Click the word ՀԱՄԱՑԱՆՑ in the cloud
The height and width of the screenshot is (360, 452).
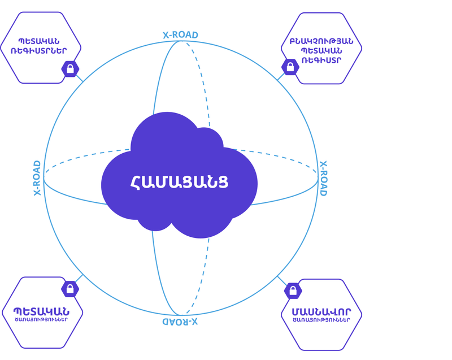pos(180,183)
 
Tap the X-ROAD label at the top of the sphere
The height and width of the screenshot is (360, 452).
pos(180,35)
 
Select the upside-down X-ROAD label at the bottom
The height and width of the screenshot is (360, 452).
pos(180,322)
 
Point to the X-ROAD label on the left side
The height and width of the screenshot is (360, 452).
pos(37,178)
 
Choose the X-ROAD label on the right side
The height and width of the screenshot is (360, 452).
pos(323,179)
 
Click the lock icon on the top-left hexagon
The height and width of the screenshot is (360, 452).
pos(70,69)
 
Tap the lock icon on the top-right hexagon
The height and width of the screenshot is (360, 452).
pos(290,67)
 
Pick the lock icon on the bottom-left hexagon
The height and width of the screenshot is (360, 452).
pos(70,289)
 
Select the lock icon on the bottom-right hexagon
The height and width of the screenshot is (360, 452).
pos(293,291)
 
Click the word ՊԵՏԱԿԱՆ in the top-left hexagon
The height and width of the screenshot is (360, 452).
pos(41,41)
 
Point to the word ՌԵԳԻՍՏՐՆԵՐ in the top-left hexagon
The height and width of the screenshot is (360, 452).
pos(41,51)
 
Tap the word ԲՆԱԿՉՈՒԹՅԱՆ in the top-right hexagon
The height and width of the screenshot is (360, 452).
pos(321,41)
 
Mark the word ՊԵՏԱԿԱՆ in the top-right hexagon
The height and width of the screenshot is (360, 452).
pos(321,51)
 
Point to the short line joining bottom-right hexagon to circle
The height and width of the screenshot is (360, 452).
pos(282,280)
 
